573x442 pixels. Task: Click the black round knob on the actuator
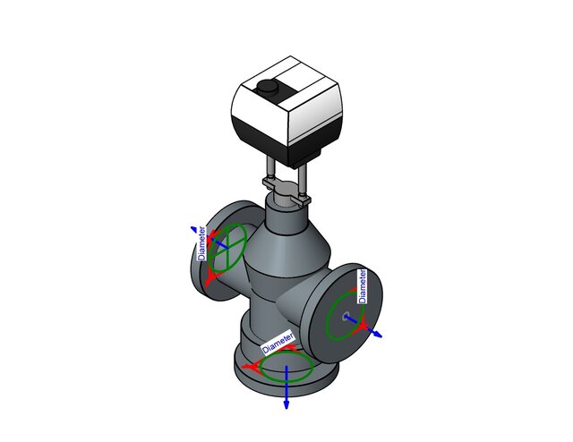click(267, 88)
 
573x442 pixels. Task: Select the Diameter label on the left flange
click(203, 242)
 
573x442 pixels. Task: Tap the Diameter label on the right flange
click(363, 284)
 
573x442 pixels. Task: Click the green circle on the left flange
click(228, 246)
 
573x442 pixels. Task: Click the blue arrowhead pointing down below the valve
click(286, 404)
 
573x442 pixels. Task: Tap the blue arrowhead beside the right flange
click(378, 334)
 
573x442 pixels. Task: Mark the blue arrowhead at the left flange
click(192, 229)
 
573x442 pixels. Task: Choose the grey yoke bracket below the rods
click(286, 189)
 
